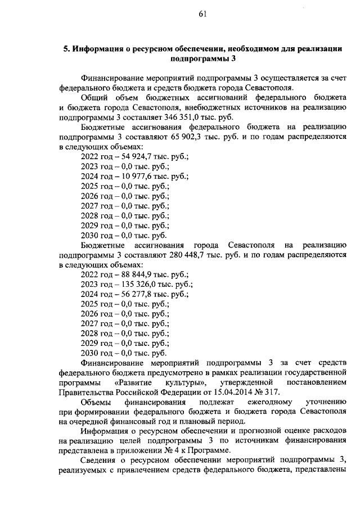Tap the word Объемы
(96, 403)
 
